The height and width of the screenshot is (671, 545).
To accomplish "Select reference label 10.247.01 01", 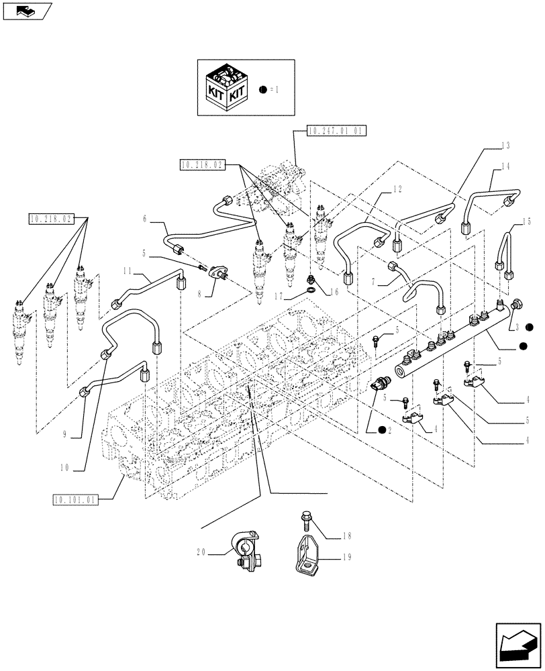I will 336,132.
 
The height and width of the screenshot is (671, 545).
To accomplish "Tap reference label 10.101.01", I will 74,499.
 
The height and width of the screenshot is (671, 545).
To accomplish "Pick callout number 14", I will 505,165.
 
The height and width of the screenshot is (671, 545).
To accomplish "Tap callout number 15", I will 527,221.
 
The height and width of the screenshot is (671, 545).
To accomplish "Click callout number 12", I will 398,190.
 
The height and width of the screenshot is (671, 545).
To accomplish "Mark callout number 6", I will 144,219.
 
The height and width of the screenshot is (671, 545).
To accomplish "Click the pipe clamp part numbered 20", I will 244,550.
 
